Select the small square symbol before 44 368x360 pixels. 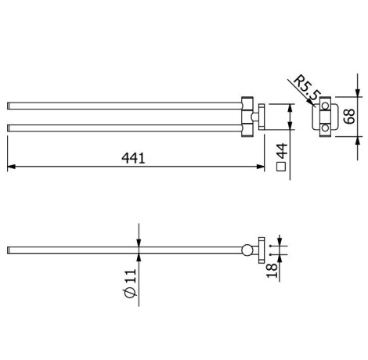click(x=283, y=166)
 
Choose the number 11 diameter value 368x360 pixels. click(x=130, y=273)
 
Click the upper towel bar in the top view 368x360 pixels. click(x=117, y=104)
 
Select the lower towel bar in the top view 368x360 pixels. click(x=117, y=125)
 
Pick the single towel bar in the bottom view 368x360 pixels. click(x=117, y=251)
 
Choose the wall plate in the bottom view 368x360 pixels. click(x=261, y=250)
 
